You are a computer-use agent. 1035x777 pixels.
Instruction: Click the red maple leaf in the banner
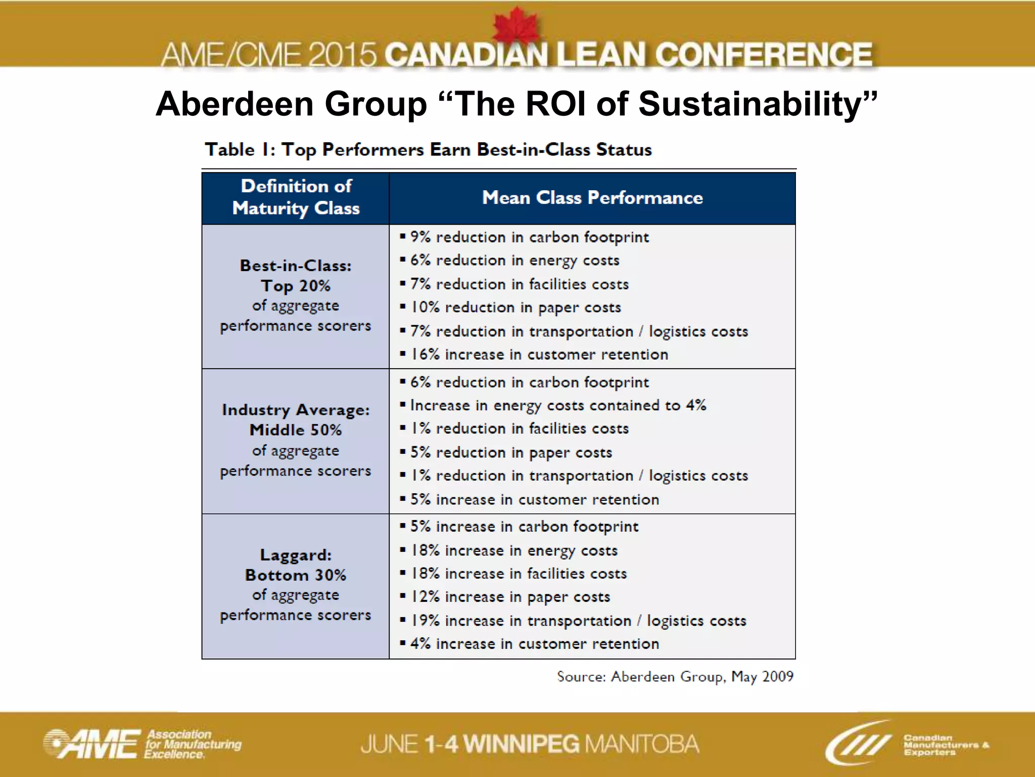click(x=516, y=26)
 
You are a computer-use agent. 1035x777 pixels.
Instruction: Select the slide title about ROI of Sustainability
click(x=516, y=104)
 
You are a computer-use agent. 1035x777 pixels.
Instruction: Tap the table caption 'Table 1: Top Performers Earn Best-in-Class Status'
click(x=428, y=150)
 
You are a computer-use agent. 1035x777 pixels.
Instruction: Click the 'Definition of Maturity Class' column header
click(x=296, y=198)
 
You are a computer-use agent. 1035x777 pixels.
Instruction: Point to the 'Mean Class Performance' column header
click(x=592, y=198)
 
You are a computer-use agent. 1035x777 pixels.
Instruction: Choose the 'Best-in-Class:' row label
click(x=296, y=266)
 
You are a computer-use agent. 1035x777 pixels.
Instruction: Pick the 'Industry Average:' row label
click(x=296, y=410)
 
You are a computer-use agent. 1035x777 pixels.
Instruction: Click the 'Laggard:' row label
click(x=296, y=555)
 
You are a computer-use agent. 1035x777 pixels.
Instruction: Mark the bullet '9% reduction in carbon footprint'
click(x=529, y=237)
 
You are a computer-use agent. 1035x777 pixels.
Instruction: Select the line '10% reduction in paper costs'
click(x=515, y=308)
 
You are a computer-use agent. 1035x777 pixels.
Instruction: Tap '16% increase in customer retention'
click(x=539, y=355)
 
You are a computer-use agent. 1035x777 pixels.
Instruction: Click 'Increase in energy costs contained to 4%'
click(x=558, y=405)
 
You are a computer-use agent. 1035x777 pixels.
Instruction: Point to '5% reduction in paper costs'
click(x=511, y=452)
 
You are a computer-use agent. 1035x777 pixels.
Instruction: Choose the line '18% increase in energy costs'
click(x=514, y=550)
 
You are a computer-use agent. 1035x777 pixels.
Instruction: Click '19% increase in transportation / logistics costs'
click(x=578, y=621)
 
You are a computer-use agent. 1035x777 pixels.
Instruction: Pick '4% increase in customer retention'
click(x=535, y=644)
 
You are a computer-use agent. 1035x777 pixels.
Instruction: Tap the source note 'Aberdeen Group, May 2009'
click(x=675, y=676)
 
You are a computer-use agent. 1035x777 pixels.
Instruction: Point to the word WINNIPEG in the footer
click(x=521, y=744)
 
